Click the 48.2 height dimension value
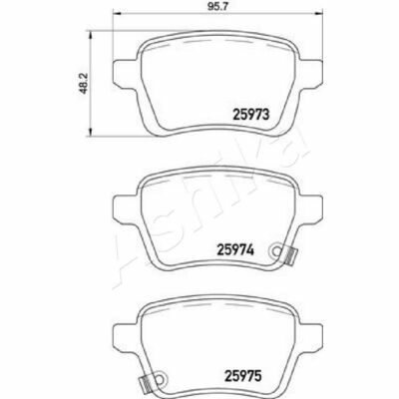coord(84,84)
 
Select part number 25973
coord(250,115)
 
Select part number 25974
coord(235,249)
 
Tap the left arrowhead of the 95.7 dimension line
coord(117,14)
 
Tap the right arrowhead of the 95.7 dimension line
coord(319,14)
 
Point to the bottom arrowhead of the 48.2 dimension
coord(90,133)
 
